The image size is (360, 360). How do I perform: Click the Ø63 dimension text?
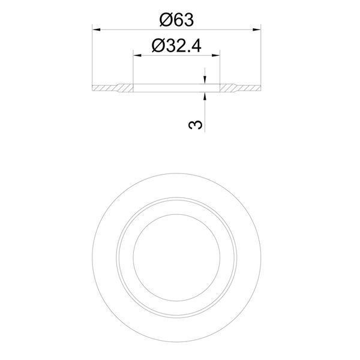(176, 20)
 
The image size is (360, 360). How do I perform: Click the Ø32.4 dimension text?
(176, 46)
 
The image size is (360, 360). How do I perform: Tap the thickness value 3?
(196, 125)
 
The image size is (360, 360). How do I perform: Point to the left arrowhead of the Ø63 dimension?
(96, 29)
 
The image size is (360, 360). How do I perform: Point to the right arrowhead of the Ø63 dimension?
(257, 29)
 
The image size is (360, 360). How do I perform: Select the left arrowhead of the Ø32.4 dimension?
(137, 55)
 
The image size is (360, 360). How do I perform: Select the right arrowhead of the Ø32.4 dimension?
(216, 55)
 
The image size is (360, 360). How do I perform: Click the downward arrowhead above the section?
(205, 80)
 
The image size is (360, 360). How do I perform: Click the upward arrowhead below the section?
(205, 96)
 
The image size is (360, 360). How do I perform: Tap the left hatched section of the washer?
(113, 88)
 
